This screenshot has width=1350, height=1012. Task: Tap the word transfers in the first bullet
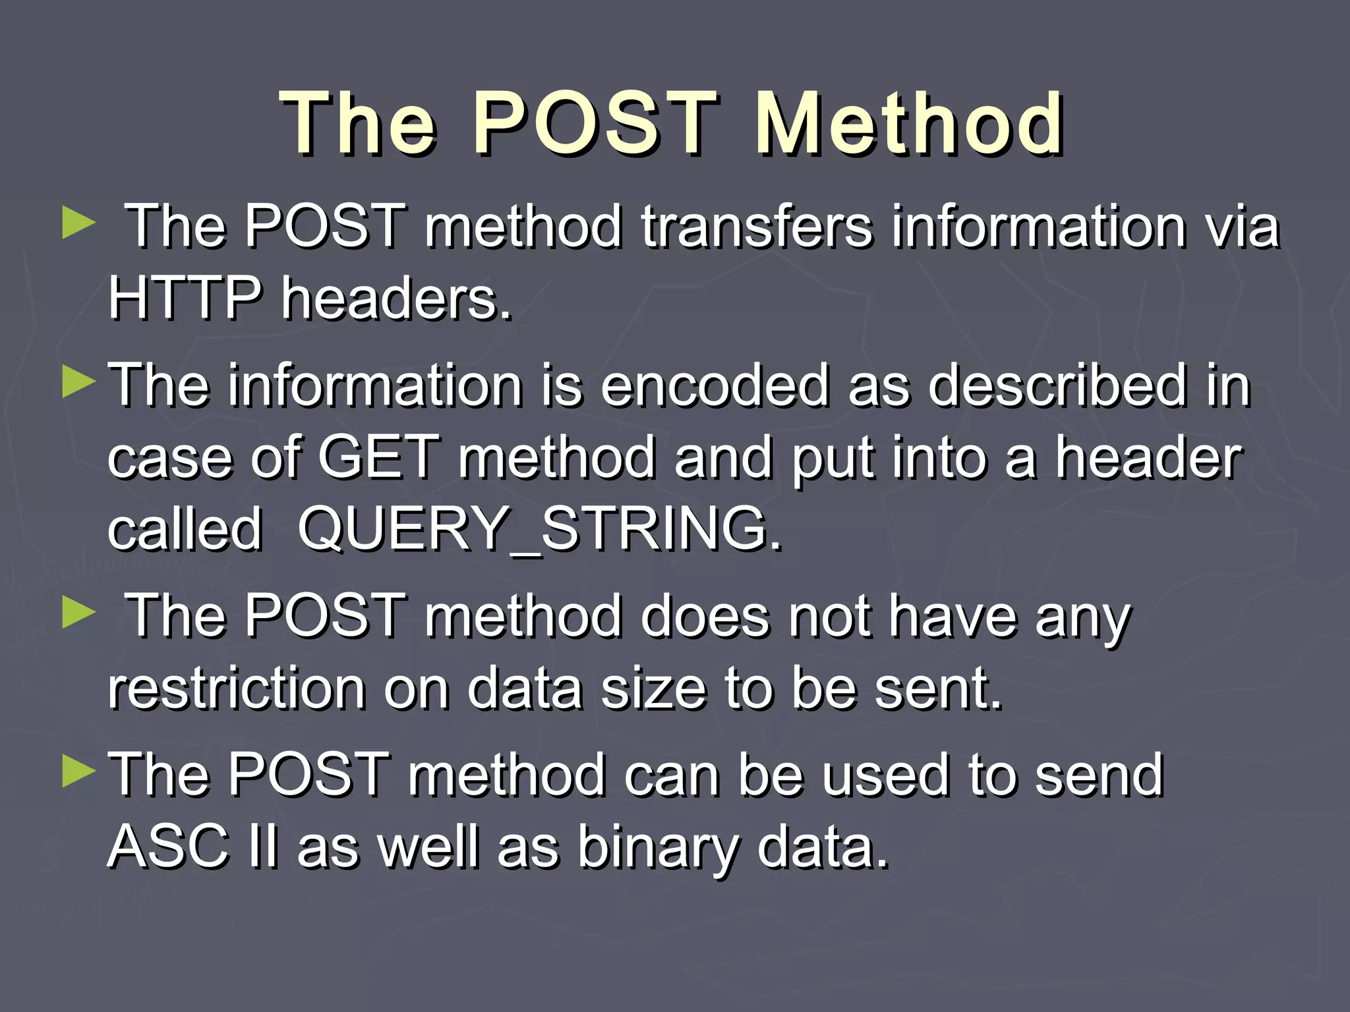coord(757,227)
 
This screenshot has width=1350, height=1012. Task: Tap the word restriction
coord(237,689)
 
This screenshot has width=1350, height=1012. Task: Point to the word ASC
coord(169,847)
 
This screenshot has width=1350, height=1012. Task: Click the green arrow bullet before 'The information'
coord(79,383)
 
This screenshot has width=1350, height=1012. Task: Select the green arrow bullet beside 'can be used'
coord(79,772)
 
